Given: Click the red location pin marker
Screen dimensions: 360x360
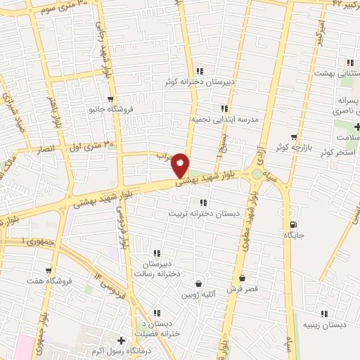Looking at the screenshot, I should click(181, 165).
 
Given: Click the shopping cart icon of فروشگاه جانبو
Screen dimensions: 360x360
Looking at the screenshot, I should click(110, 99).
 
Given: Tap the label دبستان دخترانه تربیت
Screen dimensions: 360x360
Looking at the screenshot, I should click(203, 212).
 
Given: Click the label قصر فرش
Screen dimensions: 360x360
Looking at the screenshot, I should click(243, 289).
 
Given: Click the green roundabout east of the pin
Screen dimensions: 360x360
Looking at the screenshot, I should click(258, 174).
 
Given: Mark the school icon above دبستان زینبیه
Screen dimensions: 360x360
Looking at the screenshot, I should click(324, 314).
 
